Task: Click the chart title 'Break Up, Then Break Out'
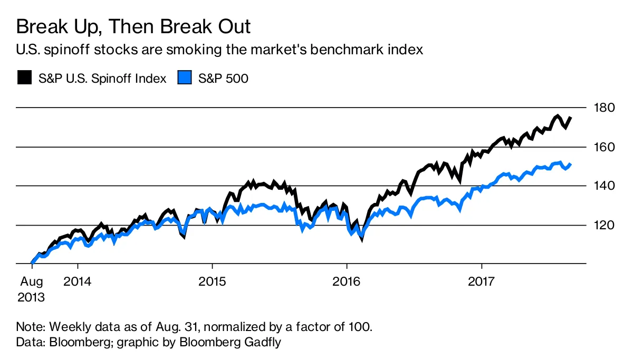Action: (133, 26)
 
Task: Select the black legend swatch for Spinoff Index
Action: (24, 79)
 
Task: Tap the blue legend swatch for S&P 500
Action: (184, 79)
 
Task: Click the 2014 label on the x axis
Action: (78, 281)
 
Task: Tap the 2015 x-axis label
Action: (212, 281)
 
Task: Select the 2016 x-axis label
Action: (347, 281)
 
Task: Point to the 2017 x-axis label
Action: (482, 281)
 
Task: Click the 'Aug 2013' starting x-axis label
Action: (31, 289)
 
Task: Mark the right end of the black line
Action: (571, 118)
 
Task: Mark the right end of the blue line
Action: (571, 164)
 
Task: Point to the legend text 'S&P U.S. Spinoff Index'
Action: (102, 79)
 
